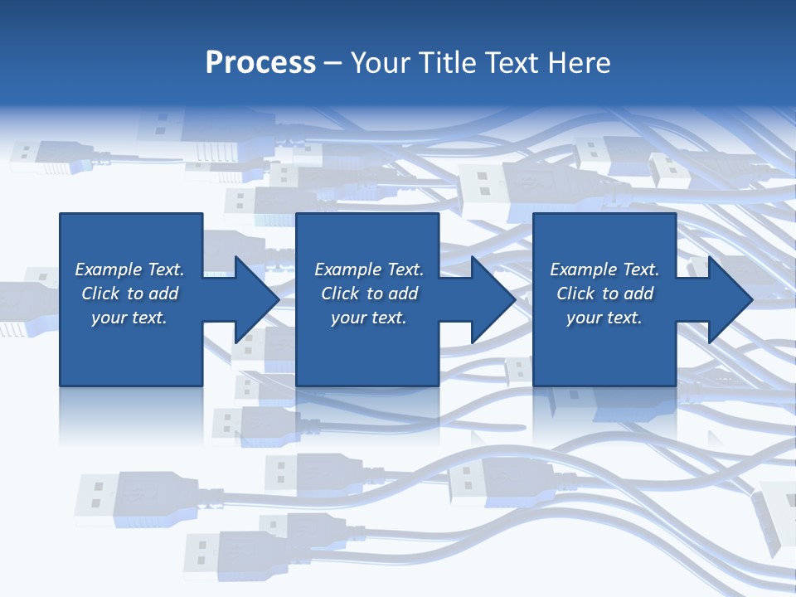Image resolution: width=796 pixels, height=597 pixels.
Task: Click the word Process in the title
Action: (x=260, y=63)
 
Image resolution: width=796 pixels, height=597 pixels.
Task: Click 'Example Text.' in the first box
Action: (x=129, y=269)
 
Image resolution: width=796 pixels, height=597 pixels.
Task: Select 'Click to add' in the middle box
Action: (x=369, y=294)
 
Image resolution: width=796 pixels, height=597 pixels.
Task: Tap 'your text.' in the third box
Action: (x=604, y=318)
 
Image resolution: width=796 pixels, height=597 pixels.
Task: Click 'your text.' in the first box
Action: (x=129, y=318)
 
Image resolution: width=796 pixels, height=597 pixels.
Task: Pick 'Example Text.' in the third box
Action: (x=604, y=269)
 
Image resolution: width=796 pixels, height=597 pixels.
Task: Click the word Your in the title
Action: (x=381, y=63)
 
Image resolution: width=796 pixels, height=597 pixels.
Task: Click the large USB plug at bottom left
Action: (x=133, y=498)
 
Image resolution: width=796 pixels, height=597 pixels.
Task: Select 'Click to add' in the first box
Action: (x=129, y=294)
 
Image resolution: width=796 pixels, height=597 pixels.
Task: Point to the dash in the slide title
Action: (x=332, y=63)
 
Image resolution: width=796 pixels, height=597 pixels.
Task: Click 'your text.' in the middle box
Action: (x=369, y=318)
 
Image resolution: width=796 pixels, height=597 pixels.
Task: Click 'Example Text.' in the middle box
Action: (x=369, y=269)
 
